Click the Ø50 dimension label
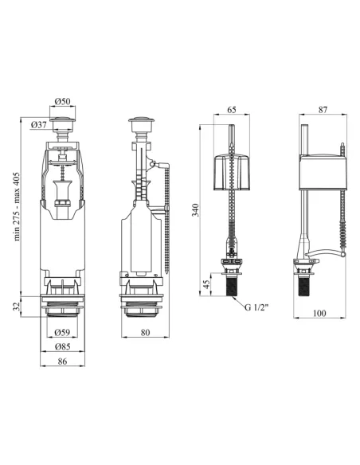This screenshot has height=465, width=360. (x=62, y=101)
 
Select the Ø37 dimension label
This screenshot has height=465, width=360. (x=38, y=125)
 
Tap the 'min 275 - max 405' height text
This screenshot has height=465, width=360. (x=17, y=206)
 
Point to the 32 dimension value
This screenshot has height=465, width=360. (x=17, y=306)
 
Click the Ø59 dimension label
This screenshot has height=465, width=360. (x=62, y=332)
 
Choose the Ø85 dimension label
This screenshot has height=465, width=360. (x=62, y=346)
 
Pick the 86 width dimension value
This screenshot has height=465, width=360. (x=62, y=361)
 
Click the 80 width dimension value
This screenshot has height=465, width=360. (x=145, y=333)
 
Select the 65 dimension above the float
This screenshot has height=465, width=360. (x=232, y=109)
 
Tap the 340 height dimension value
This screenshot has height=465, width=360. (x=195, y=209)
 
